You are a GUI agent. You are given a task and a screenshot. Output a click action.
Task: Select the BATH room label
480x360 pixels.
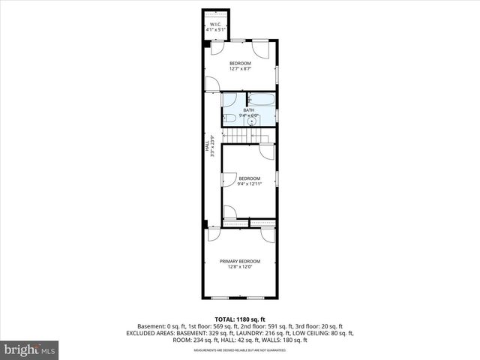tap(249, 109)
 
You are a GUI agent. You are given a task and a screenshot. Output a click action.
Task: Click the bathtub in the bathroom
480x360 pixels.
tap(262, 99)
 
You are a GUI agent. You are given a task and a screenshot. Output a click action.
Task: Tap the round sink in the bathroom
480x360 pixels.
tap(253, 120)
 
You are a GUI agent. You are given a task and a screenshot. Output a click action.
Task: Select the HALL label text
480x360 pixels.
tap(207, 148)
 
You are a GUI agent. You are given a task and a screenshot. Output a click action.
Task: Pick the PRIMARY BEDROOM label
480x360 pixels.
tap(240, 261)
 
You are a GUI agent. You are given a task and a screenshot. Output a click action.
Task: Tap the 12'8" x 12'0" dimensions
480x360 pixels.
tap(240, 267)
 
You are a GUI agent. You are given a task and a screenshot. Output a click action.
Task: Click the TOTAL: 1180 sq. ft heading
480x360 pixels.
tap(240, 319)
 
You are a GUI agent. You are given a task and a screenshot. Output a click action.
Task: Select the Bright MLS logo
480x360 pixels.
tap(30, 349)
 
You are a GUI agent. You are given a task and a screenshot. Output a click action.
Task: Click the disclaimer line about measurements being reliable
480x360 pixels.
tap(240, 350)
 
